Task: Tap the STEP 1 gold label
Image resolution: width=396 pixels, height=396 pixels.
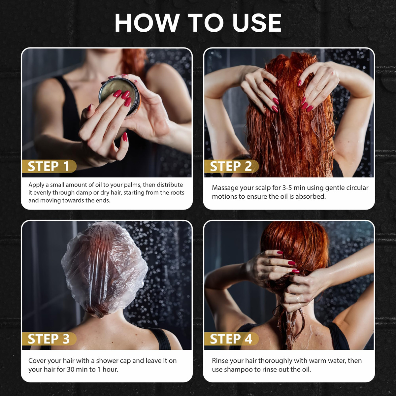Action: click(x=49, y=166)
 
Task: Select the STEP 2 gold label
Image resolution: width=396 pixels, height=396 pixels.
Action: click(x=231, y=166)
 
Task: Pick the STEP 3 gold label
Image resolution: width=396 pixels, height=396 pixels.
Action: click(x=49, y=339)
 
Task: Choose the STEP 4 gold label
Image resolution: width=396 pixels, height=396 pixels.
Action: click(x=231, y=339)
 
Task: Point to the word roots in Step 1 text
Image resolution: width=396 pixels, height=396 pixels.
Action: click(x=177, y=193)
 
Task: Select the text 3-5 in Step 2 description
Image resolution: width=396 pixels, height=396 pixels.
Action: click(x=287, y=188)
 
